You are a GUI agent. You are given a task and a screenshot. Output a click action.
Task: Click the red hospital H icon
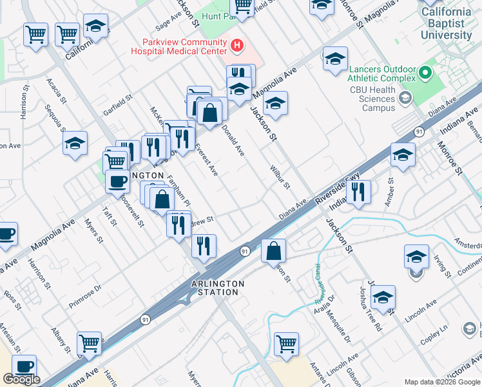[x=237, y=45]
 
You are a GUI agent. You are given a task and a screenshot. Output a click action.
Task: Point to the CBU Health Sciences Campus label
[x=372, y=99]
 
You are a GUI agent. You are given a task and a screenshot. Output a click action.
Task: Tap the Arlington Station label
[x=218, y=288]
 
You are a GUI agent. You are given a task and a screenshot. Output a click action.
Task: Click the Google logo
[x=21, y=379]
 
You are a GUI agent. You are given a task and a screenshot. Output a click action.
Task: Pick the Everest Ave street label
[x=207, y=160]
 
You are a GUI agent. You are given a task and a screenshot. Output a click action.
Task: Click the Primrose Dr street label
[x=85, y=294]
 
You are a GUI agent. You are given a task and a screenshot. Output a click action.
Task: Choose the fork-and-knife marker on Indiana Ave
[x=358, y=191]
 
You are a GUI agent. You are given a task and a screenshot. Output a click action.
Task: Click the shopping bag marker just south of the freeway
[x=274, y=250]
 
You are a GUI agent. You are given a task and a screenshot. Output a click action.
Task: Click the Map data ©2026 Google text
[x=441, y=382]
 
